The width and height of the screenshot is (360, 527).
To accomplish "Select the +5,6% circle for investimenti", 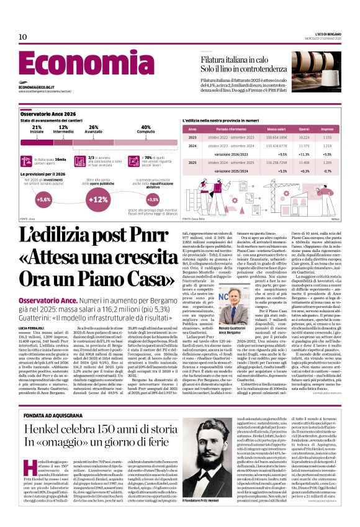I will pos(43,200).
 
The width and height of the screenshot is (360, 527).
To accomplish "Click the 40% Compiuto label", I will pos(145,128).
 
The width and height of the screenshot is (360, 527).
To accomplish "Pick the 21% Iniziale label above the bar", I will pos(37,128).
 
